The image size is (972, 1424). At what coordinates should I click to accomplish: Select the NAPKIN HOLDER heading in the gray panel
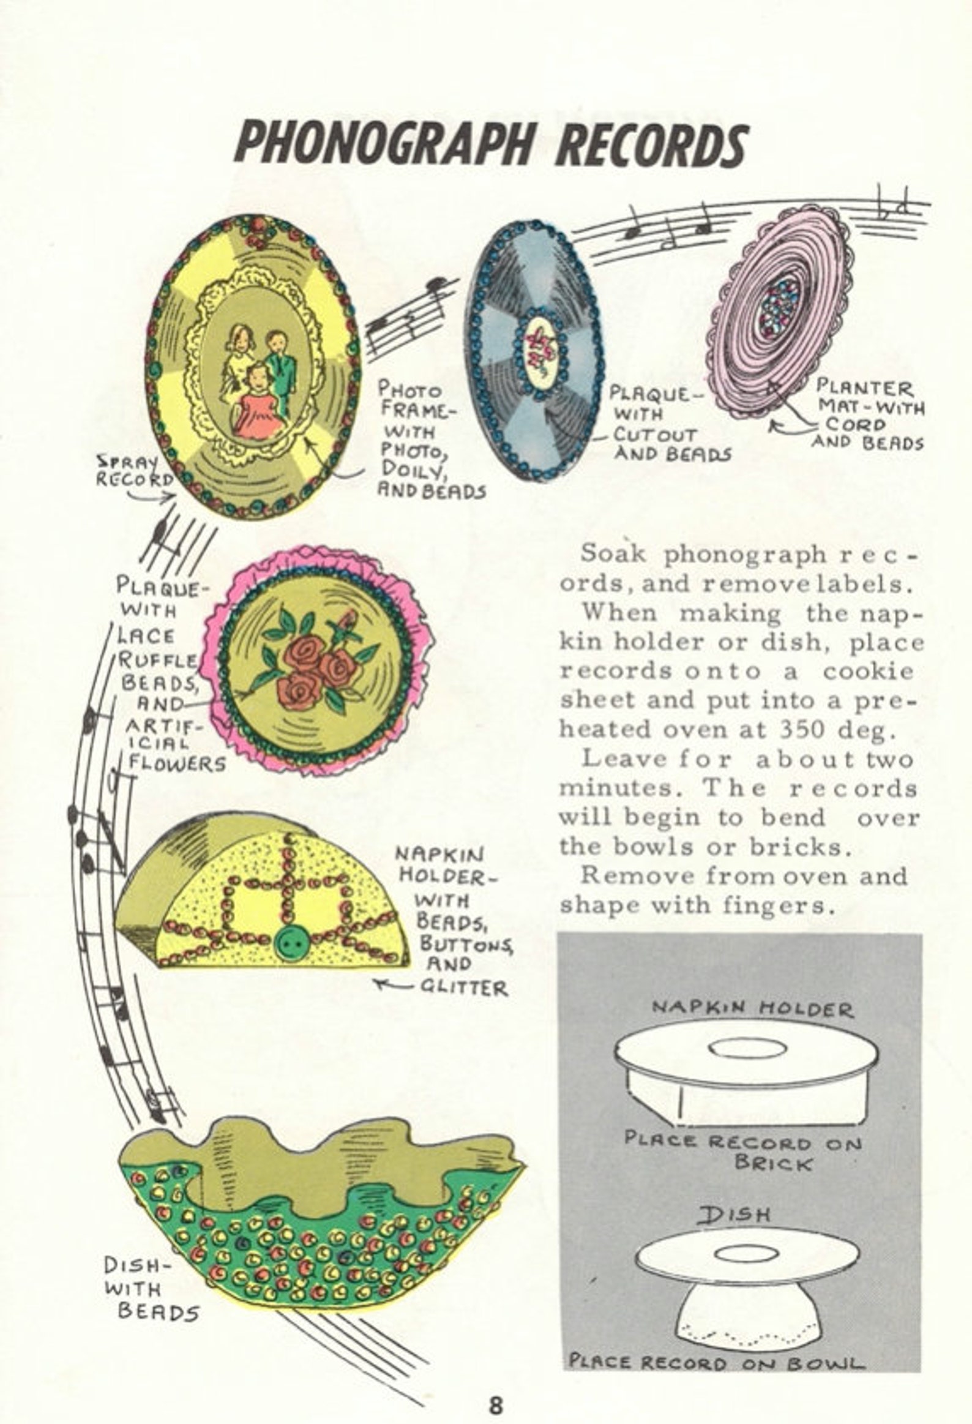pyautogui.click(x=752, y=1008)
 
